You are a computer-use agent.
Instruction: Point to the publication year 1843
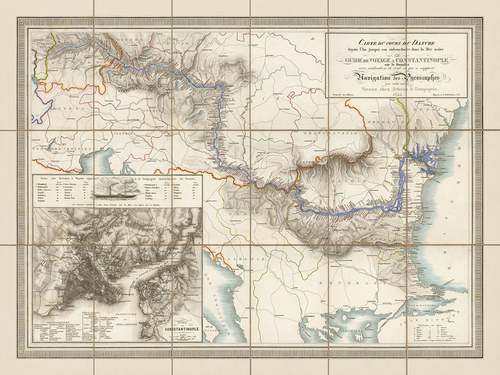(397, 95)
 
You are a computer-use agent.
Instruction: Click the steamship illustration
(116, 189)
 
